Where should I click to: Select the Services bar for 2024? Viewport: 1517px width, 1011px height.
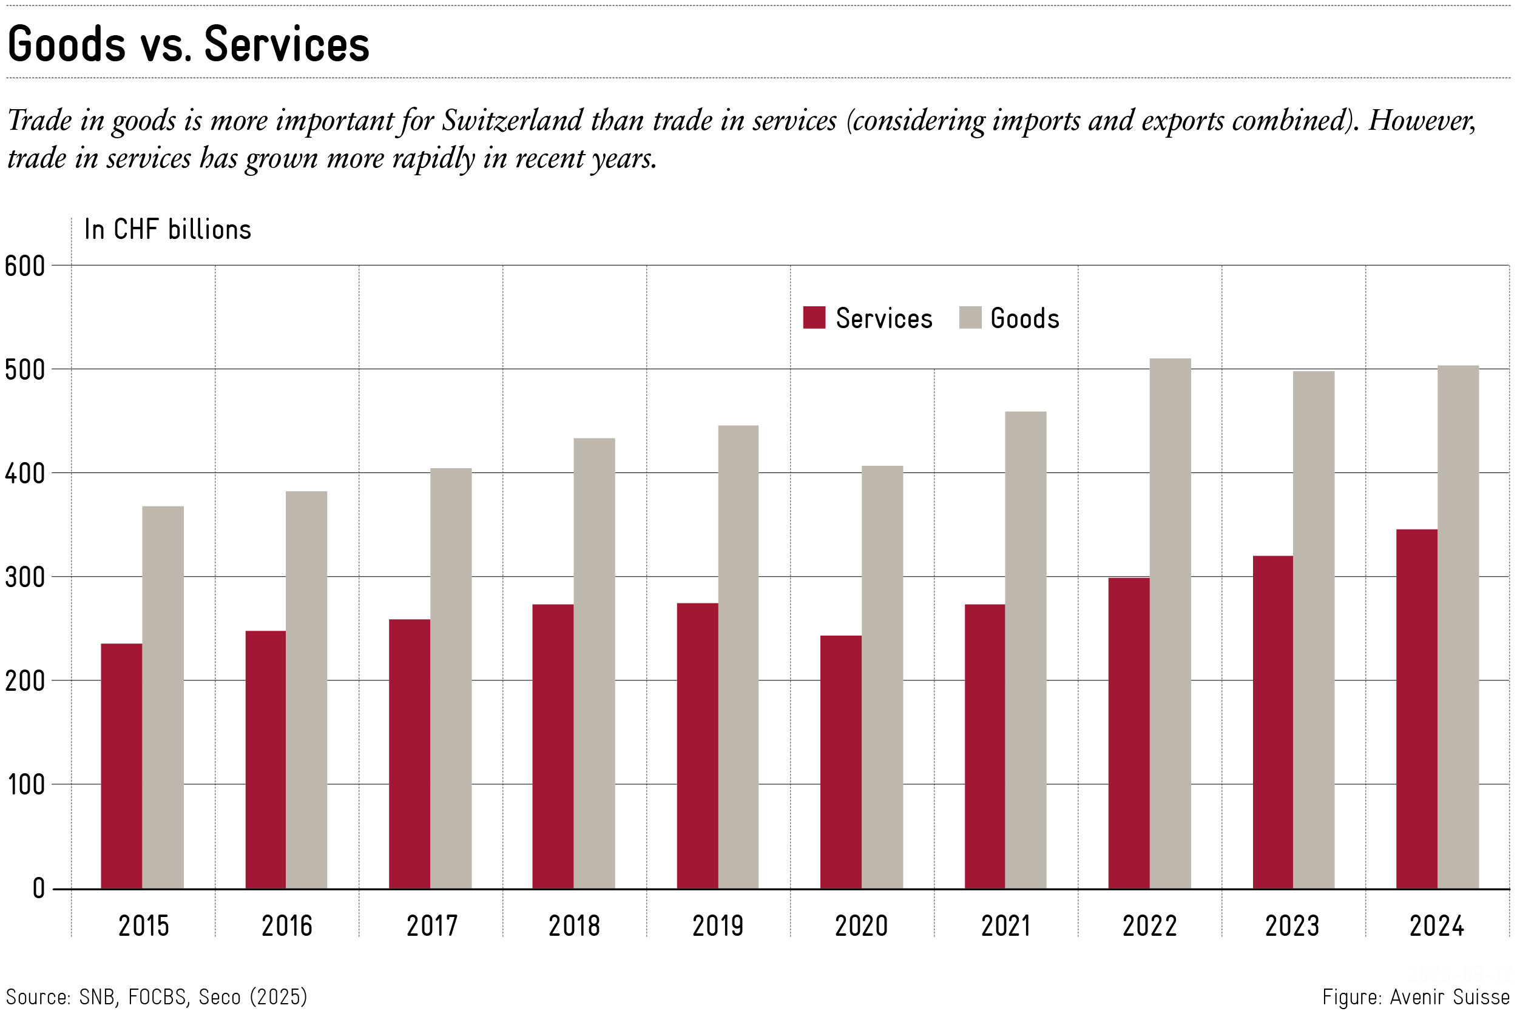pyautogui.click(x=1416, y=708)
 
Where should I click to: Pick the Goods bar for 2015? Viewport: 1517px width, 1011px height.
pyautogui.click(x=163, y=697)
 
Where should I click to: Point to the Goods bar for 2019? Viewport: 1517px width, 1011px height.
pyautogui.click(x=738, y=657)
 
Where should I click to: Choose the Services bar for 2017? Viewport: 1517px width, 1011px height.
pyautogui.click(x=409, y=754)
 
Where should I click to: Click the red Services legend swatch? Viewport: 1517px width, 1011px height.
pyautogui.click(x=814, y=318)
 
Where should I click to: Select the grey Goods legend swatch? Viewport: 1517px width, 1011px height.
pyautogui.click(x=970, y=318)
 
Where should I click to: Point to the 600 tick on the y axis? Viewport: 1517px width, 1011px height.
pyautogui.click(x=24, y=266)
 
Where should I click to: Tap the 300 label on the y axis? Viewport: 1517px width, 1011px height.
pyautogui.click(x=24, y=578)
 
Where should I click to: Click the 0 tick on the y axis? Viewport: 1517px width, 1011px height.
pyautogui.click(x=39, y=889)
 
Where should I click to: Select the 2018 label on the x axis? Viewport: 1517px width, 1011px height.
pyautogui.click(x=574, y=927)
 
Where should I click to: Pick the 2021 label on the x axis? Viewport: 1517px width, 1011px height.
pyautogui.click(x=1005, y=927)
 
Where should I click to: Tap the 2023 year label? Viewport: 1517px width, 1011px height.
pyautogui.click(x=1292, y=927)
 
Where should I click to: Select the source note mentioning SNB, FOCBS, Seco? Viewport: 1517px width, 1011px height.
pyautogui.click(x=157, y=997)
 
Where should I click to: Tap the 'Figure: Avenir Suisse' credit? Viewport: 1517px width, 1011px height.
pyautogui.click(x=1415, y=997)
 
